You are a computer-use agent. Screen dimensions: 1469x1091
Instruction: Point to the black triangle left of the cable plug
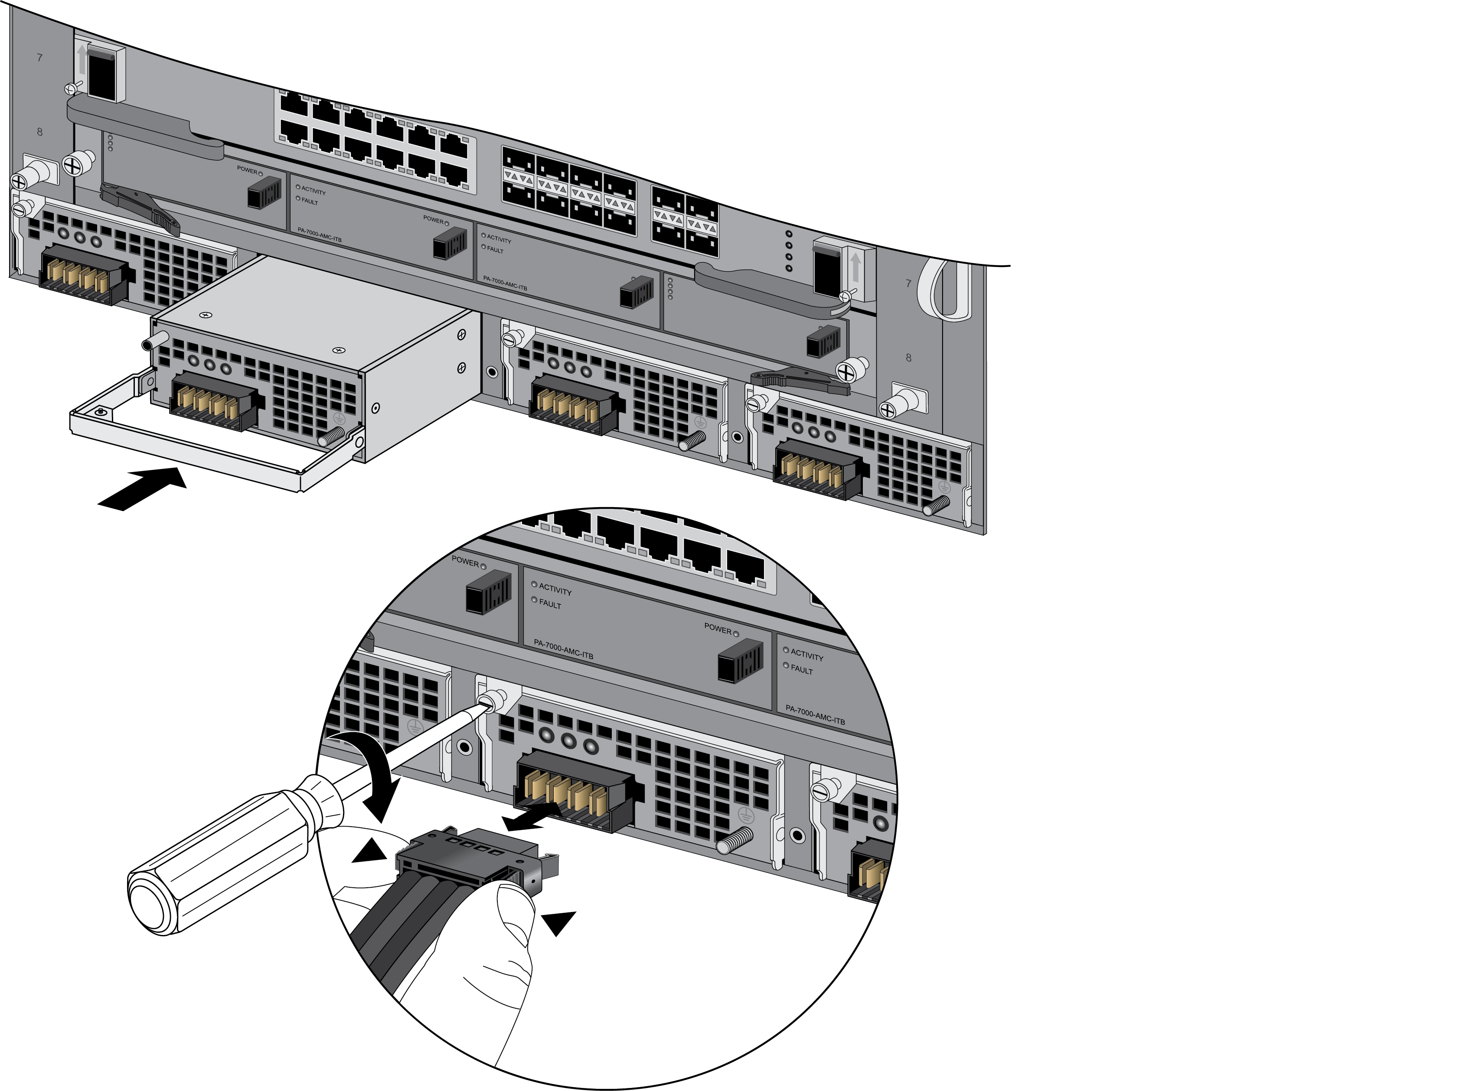[x=370, y=851]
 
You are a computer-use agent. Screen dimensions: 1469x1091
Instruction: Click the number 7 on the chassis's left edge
[x=39, y=58]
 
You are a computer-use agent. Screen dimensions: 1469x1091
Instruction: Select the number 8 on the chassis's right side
[x=908, y=357]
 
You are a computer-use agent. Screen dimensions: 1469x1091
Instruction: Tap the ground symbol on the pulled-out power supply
[x=339, y=418]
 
